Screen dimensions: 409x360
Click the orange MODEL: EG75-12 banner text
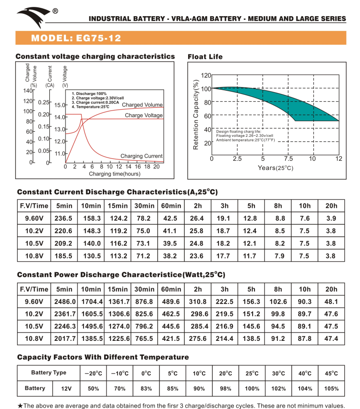(x=77, y=38)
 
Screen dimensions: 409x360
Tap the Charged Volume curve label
(x=142, y=105)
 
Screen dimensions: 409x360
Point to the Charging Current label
(x=142, y=156)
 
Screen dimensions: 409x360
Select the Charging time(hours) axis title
(x=115, y=174)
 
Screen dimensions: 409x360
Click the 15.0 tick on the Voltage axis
(x=60, y=105)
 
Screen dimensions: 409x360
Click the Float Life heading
(x=205, y=57)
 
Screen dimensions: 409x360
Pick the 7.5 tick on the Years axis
(x=288, y=159)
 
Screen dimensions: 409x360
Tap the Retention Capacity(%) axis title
(x=196, y=115)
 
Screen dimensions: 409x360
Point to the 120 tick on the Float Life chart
(x=206, y=75)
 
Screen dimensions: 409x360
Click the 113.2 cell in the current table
(x=118, y=256)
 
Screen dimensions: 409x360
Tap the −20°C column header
(x=93, y=373)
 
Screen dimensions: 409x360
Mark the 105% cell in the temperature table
(x=331, y=388)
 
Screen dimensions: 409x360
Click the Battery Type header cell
(x=48, y=373)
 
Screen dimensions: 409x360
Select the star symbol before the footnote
(x=20, y=406)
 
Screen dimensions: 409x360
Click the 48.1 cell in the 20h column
(x=331, y=302)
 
